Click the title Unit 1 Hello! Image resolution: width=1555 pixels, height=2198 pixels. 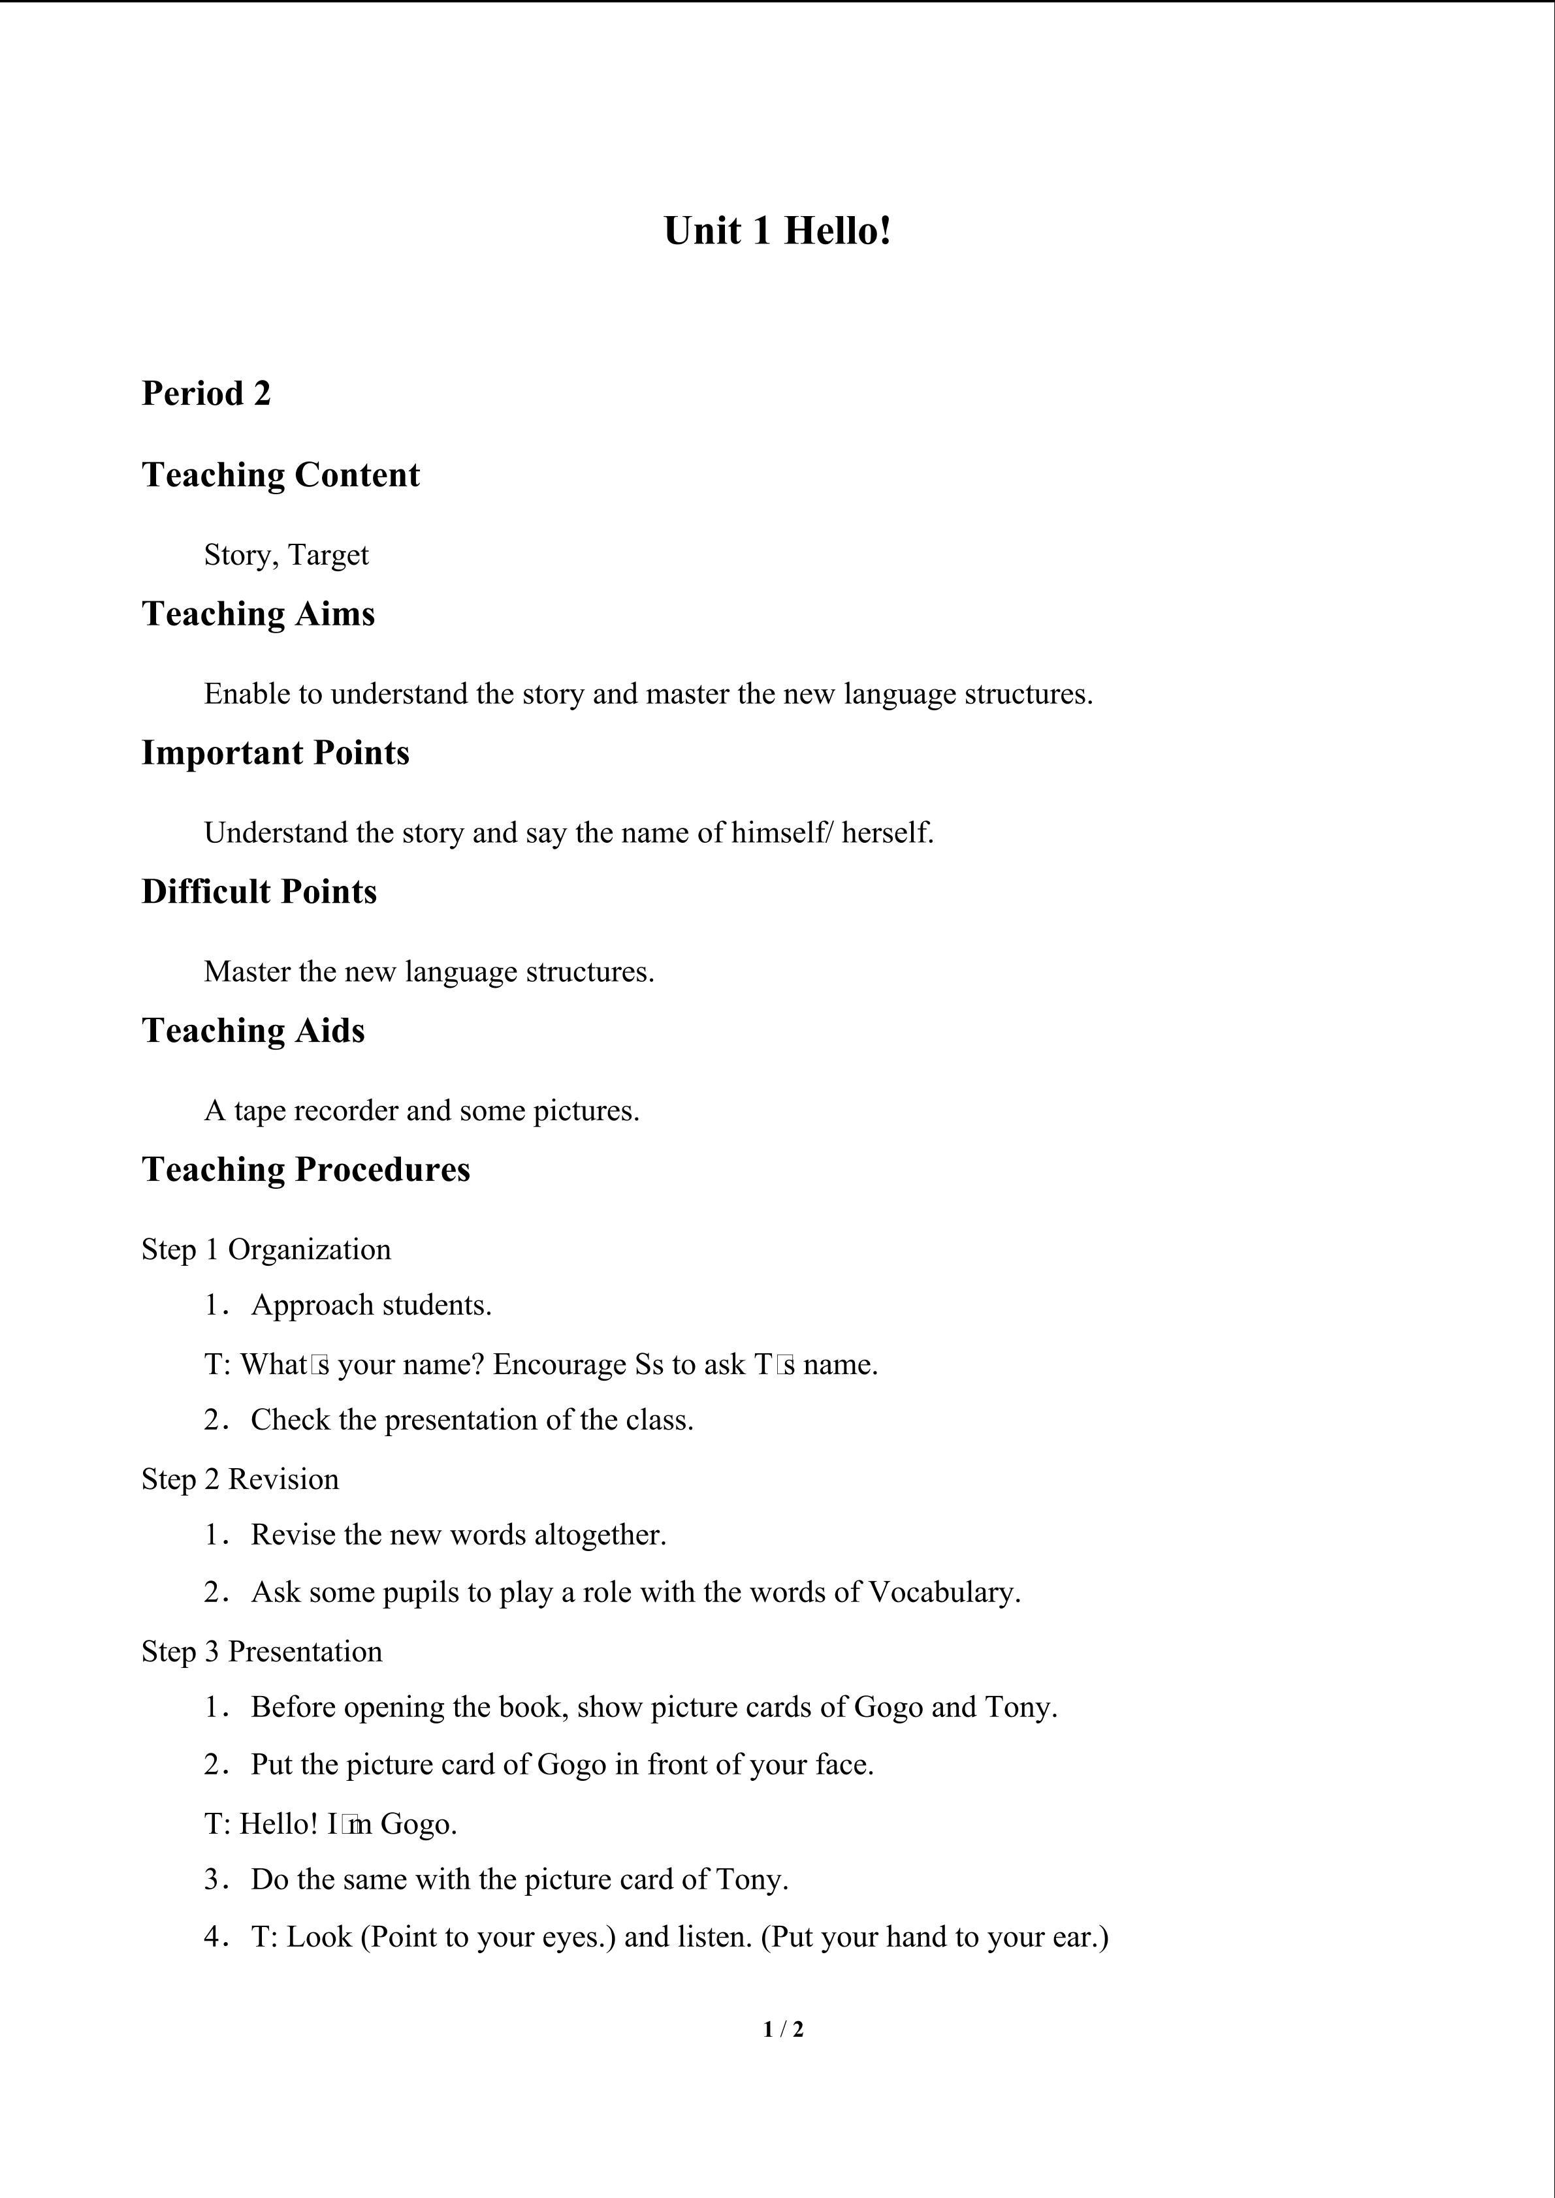pos(777,232)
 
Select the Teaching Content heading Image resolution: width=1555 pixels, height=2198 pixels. pos(281,475)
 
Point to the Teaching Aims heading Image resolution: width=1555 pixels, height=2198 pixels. pos(259,614)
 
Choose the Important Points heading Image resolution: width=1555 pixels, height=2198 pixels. pos(276,753)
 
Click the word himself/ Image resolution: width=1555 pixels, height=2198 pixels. pos(782,833)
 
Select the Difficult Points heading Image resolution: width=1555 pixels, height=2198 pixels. pos(259,891)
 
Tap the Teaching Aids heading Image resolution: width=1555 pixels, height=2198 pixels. pos(254,1031)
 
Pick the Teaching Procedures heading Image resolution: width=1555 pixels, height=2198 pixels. pos(306,1170)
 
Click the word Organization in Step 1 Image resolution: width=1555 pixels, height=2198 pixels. pos(310,1250)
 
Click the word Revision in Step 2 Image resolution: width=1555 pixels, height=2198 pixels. pos(283,1479)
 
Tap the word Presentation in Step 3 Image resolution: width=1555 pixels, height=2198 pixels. pos(304,1652)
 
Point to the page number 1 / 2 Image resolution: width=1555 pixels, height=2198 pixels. pos(783,2028)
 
